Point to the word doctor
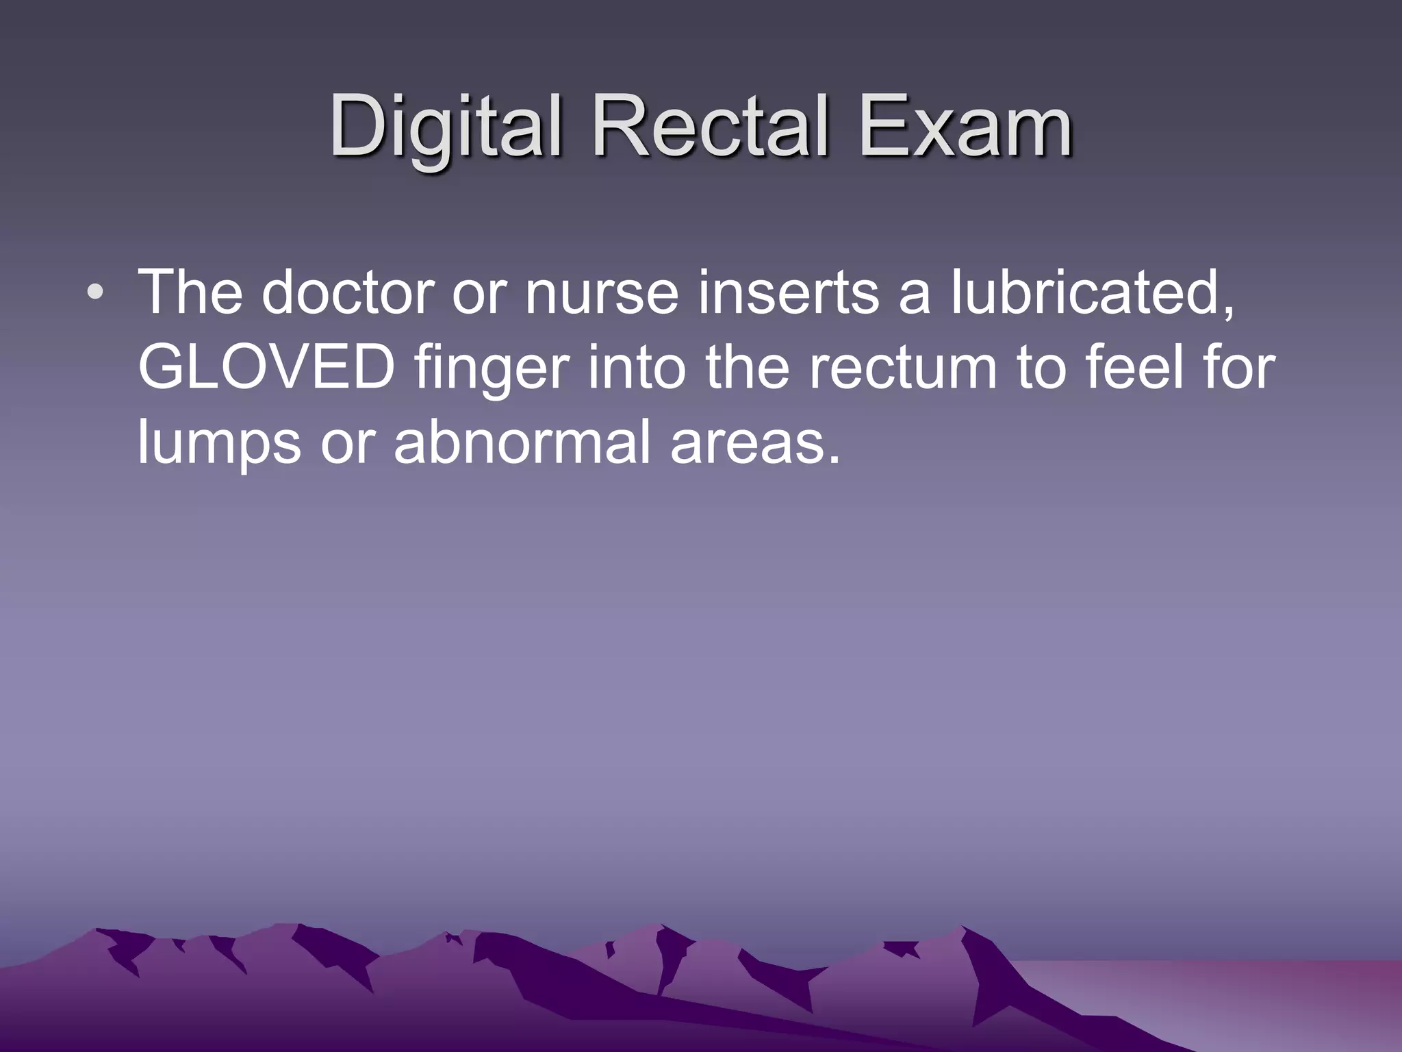point(348,293)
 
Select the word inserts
point(788,293)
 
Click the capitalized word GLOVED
point(266,368)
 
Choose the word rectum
point(902,368)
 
